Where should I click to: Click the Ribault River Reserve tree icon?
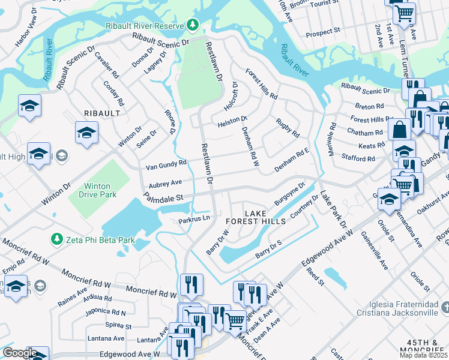[x=193, y=25]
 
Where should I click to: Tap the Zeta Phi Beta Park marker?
[x=57, y=240]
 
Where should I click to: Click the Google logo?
[x=19, y=353]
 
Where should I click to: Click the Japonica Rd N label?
[x=106, y=313]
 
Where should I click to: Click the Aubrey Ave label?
[x=165, y=182]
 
